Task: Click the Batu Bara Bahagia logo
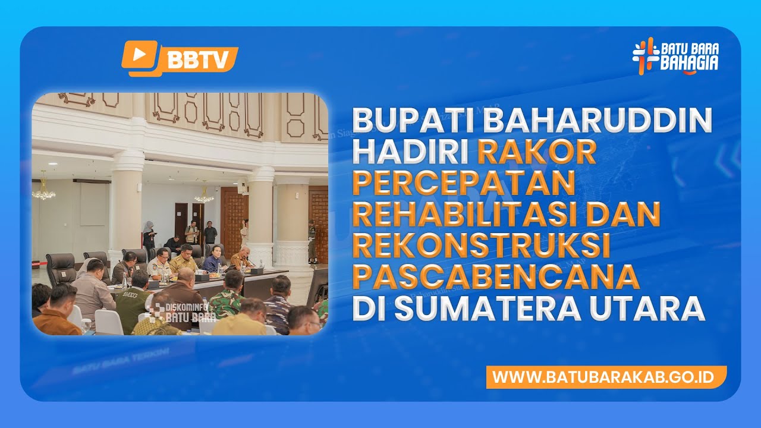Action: [x=675, y=55]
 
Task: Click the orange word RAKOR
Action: [x=536, y=153]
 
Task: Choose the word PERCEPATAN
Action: [x=463, y=184]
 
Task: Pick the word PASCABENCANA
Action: [x=495, y=278]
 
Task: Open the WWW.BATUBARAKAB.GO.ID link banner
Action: [x=606, y=377]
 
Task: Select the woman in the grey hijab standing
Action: [x=149, y=235]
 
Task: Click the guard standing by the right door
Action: [x=312, y=241]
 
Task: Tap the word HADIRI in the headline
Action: [x=410, y=153]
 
